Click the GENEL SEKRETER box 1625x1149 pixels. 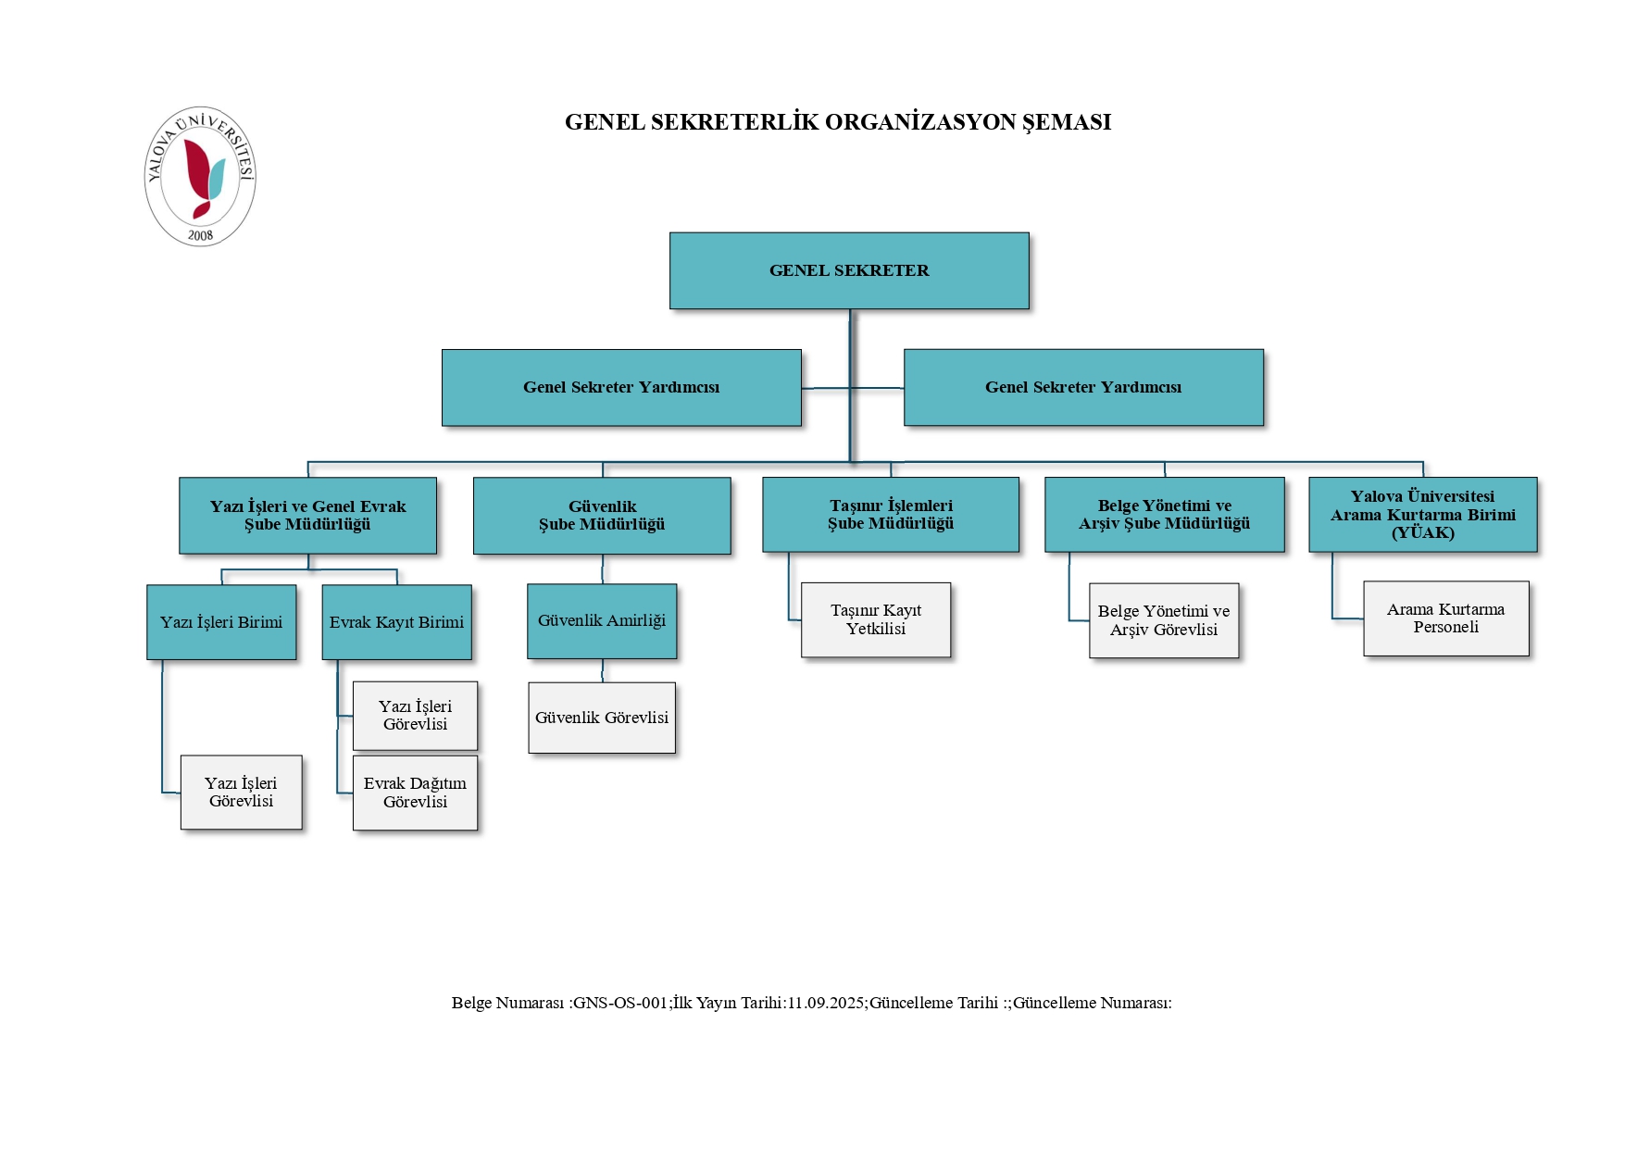coord(849,270)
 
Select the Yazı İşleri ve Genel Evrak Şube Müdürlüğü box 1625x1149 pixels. coord(307,516)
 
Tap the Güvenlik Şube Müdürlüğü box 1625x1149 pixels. coord(602,516)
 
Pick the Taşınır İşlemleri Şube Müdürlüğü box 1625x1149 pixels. coord(891,515)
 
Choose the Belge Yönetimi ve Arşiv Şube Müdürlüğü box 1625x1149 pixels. coord(1164,515)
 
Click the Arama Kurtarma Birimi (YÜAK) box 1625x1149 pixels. coord(1422,515)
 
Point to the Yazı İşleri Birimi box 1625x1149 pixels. coord(221,622)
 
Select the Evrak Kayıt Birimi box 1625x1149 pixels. coord(396,622)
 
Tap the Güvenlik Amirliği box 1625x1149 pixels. coord(602,621)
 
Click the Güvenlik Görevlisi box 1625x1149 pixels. coord(602,718)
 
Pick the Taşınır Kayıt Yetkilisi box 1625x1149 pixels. coord(876,619)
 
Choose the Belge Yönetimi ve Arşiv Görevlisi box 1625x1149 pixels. coord(1164,620)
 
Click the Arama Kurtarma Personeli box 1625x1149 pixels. coord(1445,618)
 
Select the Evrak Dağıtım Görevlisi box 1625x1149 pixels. coord(415,793)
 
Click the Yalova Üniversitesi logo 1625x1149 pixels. coord(200,176)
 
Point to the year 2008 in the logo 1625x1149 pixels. coord(200,235)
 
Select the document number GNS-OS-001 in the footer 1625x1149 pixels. coord(620,1003)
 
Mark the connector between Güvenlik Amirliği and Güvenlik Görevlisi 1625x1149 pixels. coord(603,670)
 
